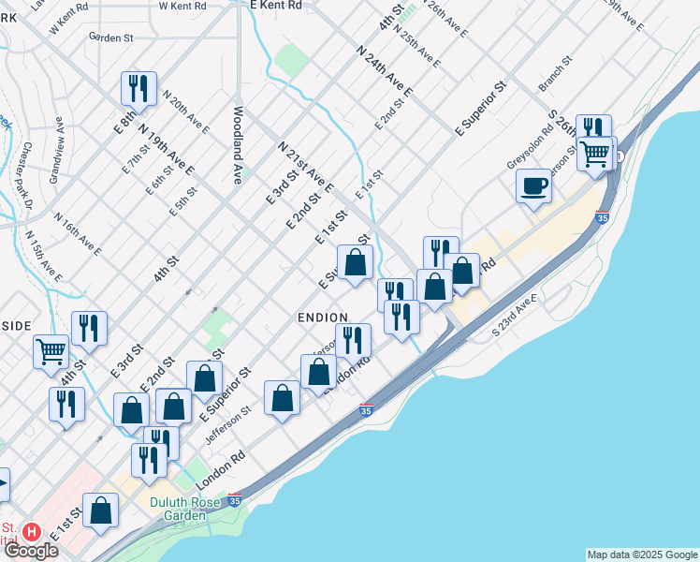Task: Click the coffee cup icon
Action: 533,185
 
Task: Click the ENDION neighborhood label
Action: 323,318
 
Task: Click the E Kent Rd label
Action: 276,6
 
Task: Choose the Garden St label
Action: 112,38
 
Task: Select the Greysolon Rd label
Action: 531,145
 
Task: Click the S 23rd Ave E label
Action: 516,316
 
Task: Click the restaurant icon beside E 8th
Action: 138,89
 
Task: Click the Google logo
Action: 31,552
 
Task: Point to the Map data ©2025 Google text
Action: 642,555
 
